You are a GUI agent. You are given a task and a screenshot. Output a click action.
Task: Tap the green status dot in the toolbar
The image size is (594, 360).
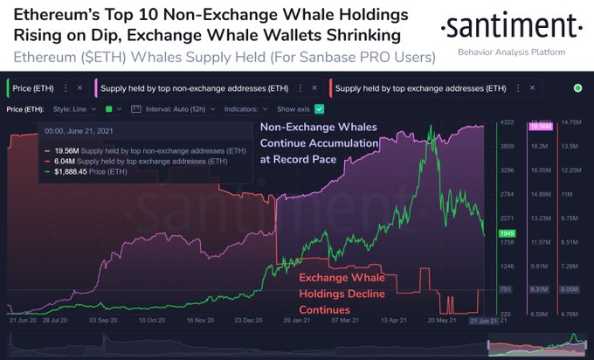[x=577, y=88]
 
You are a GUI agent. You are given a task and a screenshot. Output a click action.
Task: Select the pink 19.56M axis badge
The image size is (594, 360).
[x=540, y=128]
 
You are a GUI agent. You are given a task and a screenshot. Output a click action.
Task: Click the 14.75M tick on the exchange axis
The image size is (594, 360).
[x=570, y=122]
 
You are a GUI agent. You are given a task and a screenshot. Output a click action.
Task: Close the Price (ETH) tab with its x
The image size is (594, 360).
[x=79, y=88]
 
